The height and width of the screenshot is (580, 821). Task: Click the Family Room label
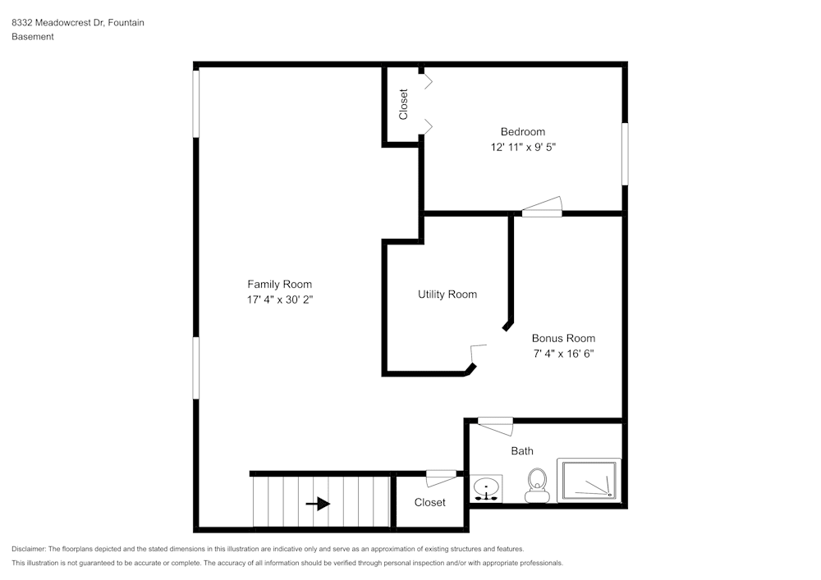[x=279, y=285]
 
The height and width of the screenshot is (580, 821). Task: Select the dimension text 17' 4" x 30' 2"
[x=279, y=300]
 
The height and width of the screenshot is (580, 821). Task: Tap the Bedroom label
[x=522, y=132]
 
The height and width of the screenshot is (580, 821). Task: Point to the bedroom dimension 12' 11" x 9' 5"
[x=522, y=148]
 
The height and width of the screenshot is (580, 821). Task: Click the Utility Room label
[x=447, y=295]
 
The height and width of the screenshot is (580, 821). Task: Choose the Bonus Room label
[x=563, y=338]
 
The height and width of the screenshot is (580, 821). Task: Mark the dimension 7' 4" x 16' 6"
[x=563, y=354]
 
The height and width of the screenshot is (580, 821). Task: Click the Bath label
[x=522, y=451]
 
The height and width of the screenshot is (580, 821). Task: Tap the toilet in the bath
[x=537, y=484]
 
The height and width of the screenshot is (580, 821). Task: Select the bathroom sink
[x=487, y=489]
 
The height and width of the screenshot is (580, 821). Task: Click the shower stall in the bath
[x=589, y=481]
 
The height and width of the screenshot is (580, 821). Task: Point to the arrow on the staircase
[x=319, y=504]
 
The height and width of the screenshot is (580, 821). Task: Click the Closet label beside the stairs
[x=429, y=502]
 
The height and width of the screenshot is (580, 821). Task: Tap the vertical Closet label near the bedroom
[x=403, y=104]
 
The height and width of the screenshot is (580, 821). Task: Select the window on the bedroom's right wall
[x=625, y=153]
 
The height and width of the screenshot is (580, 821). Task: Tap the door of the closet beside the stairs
[x=441, y=476]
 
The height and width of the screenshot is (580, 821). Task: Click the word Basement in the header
[x=33, y=37]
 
